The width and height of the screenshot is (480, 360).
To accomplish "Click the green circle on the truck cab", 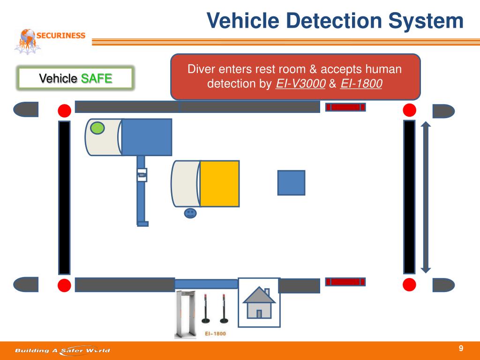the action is point(97,127).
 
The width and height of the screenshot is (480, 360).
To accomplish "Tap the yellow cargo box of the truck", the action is point(219,183).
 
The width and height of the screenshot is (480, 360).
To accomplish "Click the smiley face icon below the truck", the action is point(190,213).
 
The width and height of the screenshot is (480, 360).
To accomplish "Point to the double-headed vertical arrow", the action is point(426,197).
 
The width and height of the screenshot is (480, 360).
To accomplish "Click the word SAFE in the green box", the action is point(97,78).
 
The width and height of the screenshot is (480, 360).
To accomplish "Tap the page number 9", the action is point(461,348).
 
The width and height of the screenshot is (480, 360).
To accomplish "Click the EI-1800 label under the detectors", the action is point(215,334).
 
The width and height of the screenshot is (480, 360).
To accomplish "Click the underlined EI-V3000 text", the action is point(300,84).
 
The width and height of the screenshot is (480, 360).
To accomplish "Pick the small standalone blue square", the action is point(291,182).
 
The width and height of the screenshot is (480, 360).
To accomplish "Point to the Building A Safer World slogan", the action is point(62,350).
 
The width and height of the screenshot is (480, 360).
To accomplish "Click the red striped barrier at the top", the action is point(345,107).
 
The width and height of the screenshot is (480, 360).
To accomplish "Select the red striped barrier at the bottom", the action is point(345,282).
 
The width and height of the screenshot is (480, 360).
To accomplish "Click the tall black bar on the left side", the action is point(64,197).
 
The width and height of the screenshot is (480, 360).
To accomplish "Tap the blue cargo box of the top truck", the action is point(147,136).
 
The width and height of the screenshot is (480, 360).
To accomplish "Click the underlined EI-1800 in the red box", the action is point(360,84).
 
